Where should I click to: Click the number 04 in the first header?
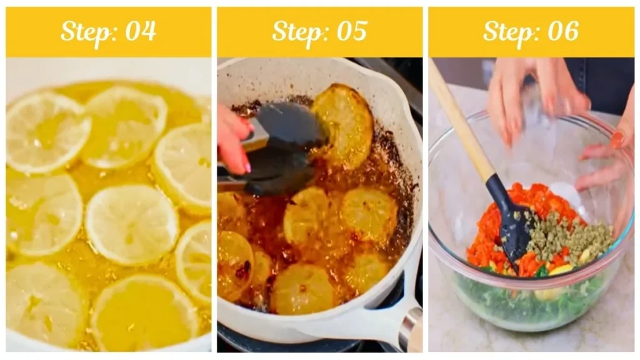coord(141,31)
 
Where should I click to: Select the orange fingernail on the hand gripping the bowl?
coord(617,139)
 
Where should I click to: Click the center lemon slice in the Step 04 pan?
coord(131,224)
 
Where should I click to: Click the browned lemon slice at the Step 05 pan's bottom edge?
coord(302,290)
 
